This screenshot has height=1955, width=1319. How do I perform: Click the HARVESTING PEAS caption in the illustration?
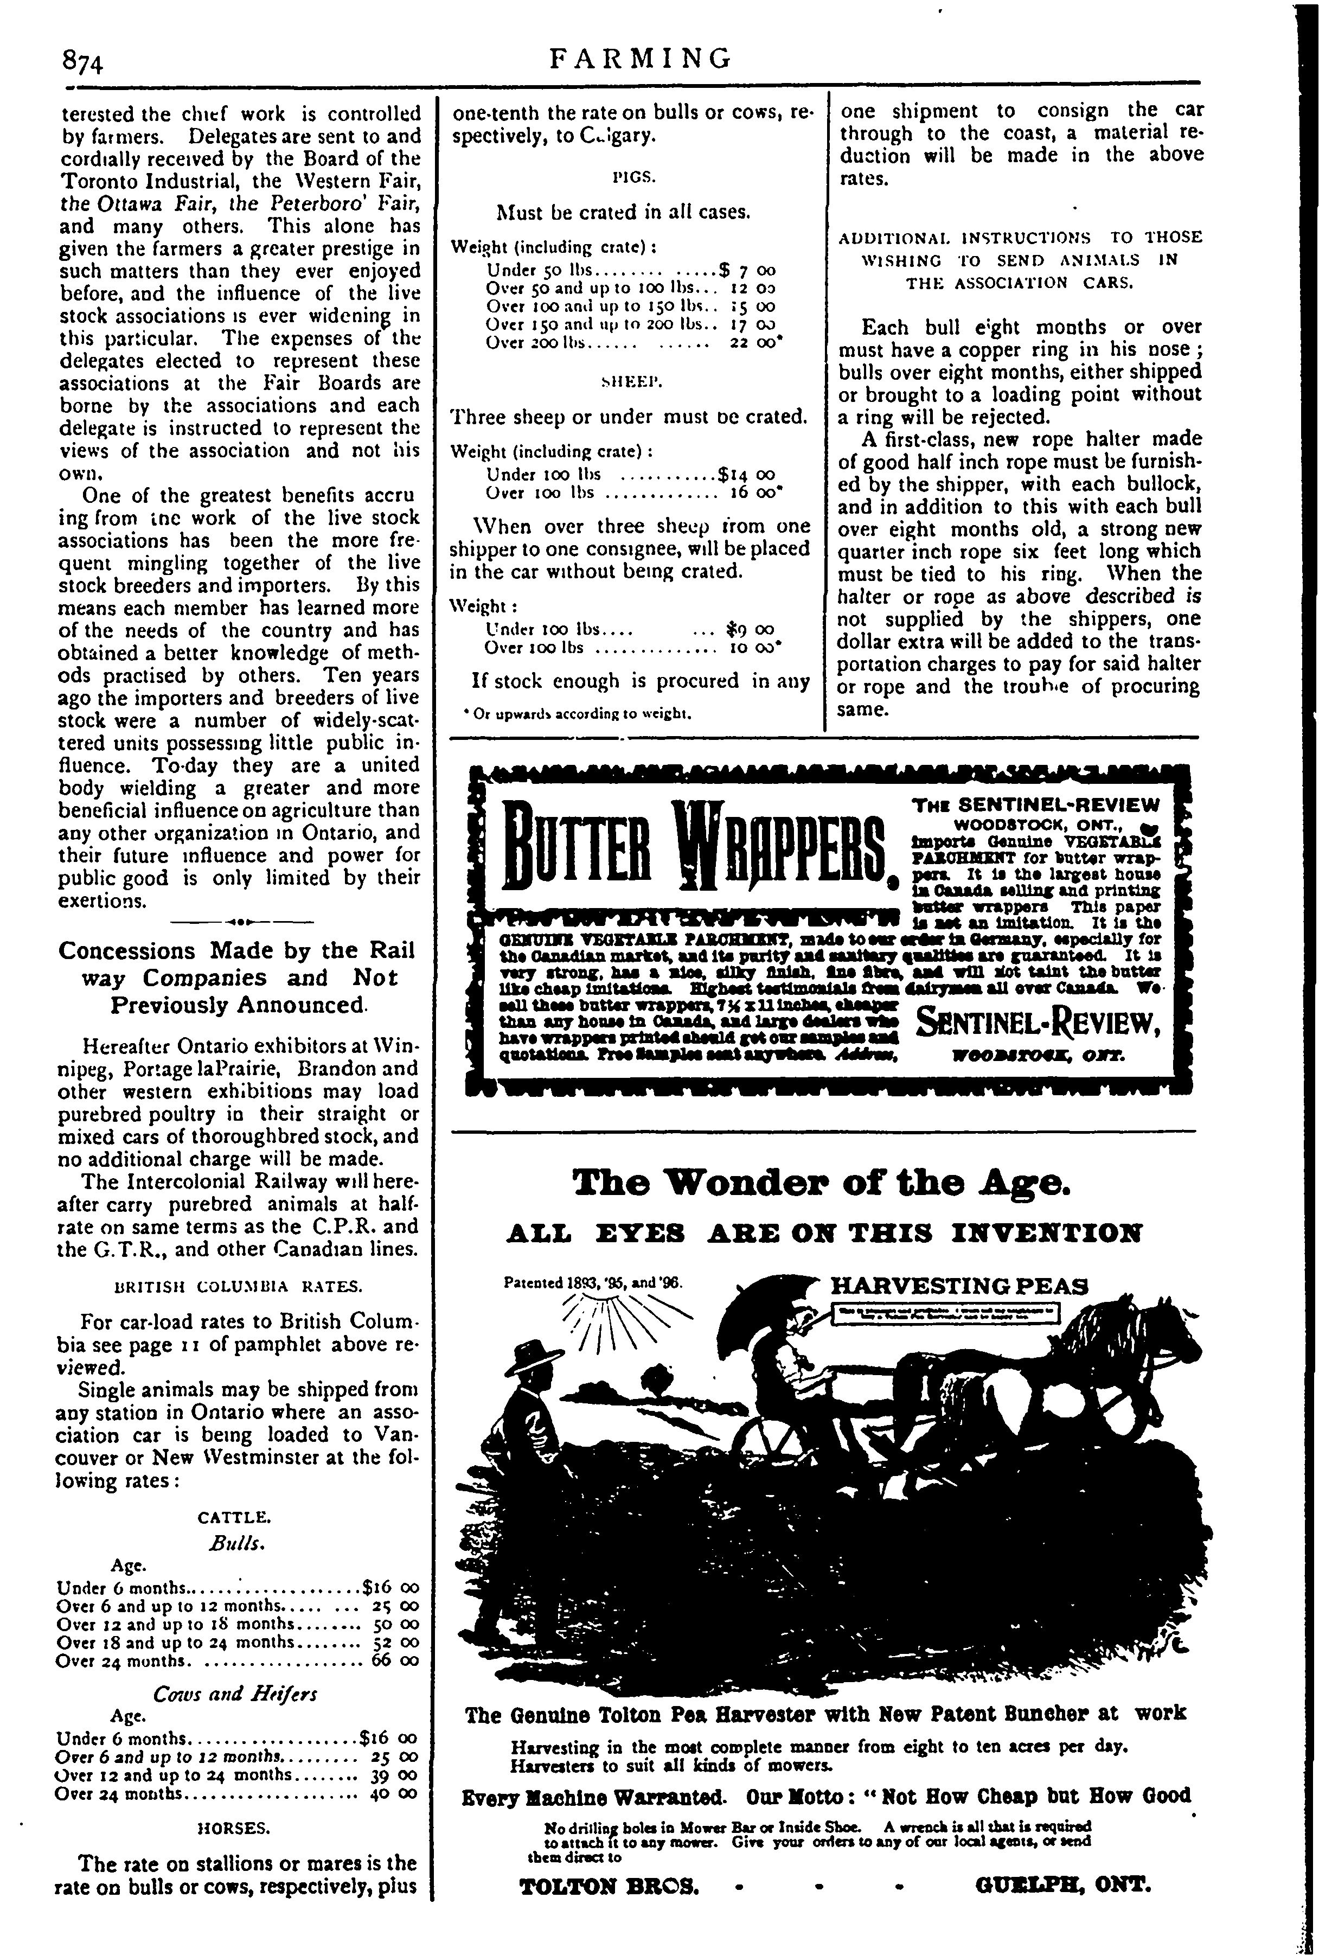(959, 1288)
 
